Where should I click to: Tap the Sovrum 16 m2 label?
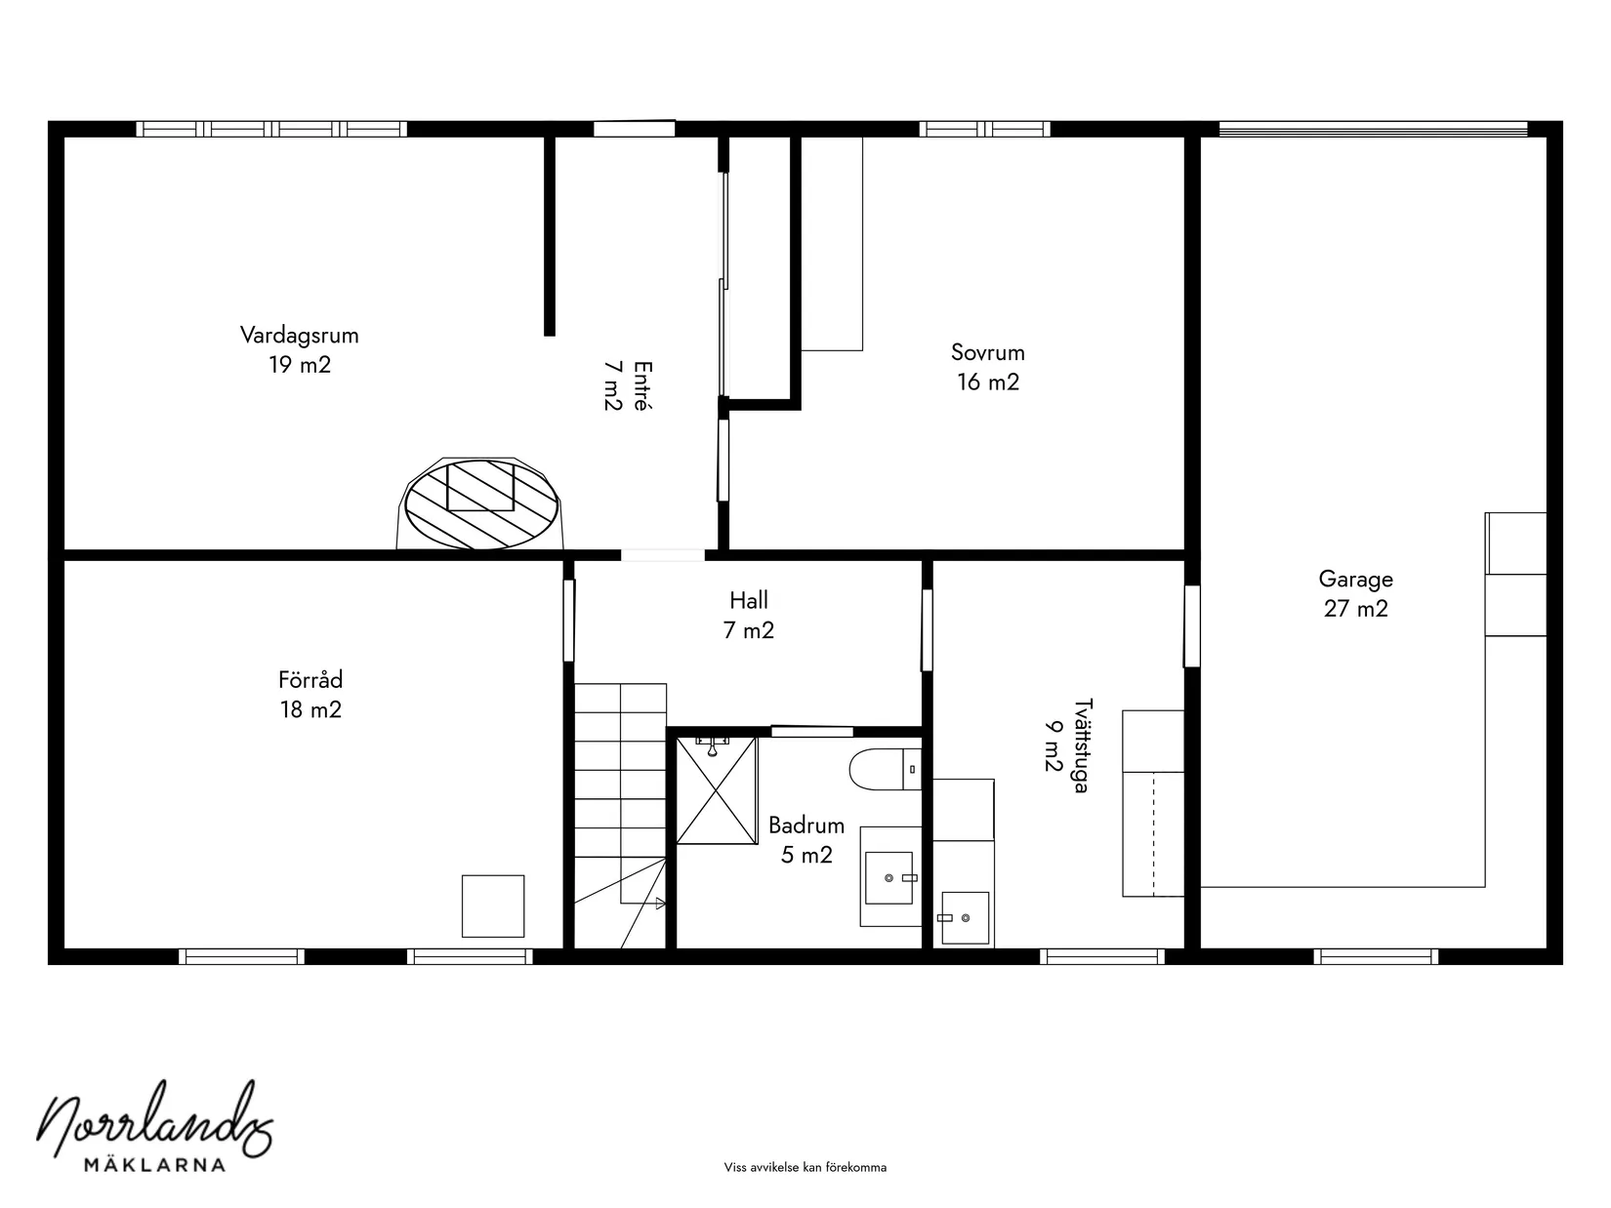(x=988, y=367)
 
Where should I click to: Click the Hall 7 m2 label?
(x=749, y=615)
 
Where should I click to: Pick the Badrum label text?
(x=805, y=825)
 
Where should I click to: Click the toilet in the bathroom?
(x=886, y=770)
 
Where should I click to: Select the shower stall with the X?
(x=716, y=790)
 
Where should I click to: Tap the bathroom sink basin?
(x=888, y=878)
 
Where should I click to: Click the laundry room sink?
(x=965, y=917)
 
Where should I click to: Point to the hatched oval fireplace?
(x=480, y=503)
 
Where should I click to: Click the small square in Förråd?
(x=492, y=906)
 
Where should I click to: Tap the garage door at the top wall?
(x=1373, y=129)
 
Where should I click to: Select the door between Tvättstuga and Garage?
(x=1192, y=626)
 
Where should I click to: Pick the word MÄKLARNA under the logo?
(x=155, y=1165)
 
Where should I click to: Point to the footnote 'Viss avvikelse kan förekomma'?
(x=805, y=1167)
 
